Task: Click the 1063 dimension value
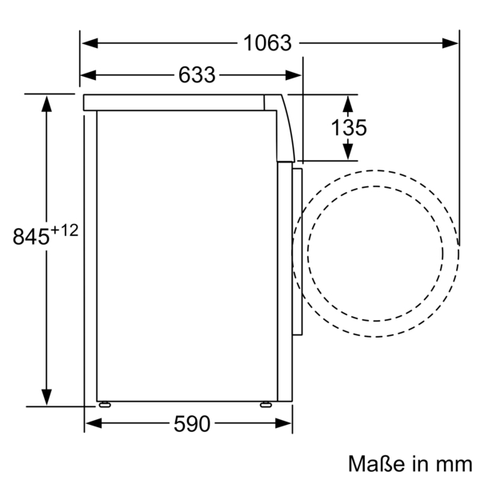[x=268, y=43]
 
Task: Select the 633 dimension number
[x=197, y=75]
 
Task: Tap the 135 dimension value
[x=348, y=127]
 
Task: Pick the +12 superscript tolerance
[x=66, y=230]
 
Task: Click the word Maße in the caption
[x=374, y=463]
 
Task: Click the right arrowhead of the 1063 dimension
[x=451, y=43]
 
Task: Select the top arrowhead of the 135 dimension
[x=348, y=102]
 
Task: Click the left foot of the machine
[x=104, y=403]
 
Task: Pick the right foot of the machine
[x=264, y=403]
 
